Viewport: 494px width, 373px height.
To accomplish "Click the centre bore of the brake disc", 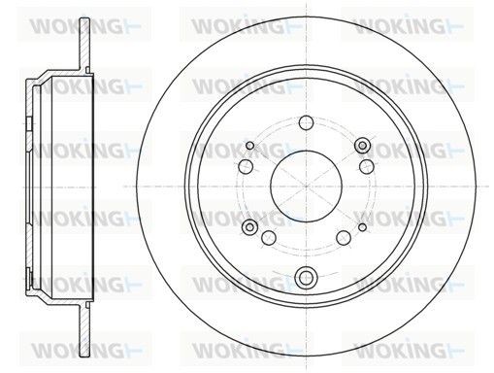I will click(305, 186).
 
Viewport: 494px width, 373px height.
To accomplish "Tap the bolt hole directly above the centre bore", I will click(305, 122).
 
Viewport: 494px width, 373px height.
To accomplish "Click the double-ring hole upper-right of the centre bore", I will click(363, 146).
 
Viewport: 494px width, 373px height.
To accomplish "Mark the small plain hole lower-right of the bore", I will click(362, 227).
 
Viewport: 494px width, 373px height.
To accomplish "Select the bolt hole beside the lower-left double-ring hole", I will click(268, 237).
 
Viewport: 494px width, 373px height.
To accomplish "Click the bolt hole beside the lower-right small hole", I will click(343, 237).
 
